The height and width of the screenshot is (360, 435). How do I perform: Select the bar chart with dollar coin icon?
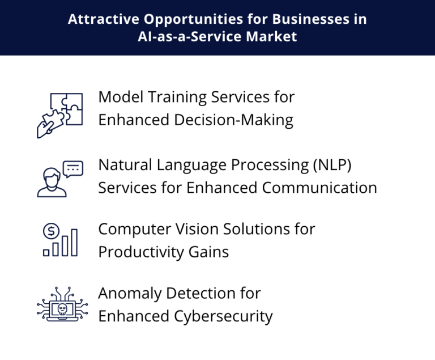59,240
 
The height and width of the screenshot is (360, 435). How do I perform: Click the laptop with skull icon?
59,305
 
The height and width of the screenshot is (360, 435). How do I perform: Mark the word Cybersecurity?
219,316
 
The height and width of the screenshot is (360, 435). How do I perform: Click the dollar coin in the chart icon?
51,231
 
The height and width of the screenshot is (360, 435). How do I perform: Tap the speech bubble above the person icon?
73,168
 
